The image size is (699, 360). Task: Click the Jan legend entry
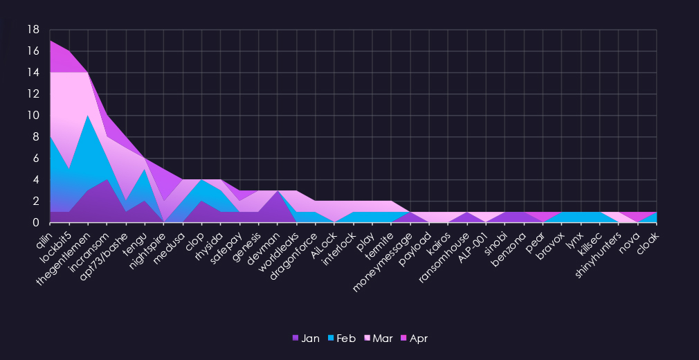click(306, 339)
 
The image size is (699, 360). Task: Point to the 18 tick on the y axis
click(33, 30)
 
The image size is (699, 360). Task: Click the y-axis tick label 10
click(33, 116)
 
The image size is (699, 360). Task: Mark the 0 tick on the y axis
click(35, 223)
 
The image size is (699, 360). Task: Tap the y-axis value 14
click(33, 73)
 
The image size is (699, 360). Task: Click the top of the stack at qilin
click(51, 41)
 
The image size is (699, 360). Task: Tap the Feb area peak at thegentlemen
click(88, 116)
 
